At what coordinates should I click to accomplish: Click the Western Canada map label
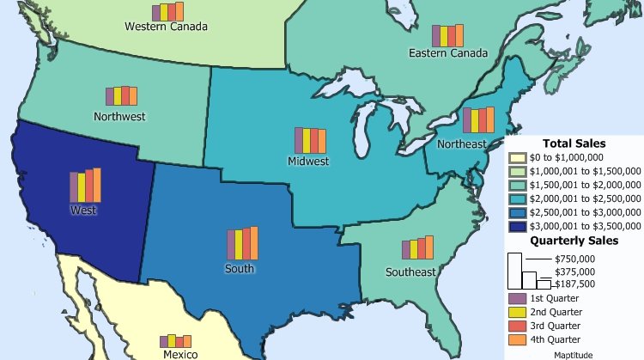(x=166, y=27)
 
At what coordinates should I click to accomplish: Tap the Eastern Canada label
(x=447, y=54)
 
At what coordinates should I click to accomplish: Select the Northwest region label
(x=119, y=116)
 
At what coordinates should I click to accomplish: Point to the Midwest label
(x=308, y=161)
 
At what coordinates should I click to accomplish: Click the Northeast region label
(x=461, y=143)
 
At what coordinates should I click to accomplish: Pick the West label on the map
(x=83, y=210)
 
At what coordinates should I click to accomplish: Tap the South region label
(x=240, y=269)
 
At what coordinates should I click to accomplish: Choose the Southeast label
(x=410, y=272)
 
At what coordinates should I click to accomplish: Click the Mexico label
(x=180, y=354)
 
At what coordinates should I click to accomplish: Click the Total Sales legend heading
(x=574, y=143)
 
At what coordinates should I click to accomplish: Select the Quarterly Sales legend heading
(x=574, y=241)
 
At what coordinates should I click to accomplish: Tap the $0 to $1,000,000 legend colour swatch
(x=516, y=158)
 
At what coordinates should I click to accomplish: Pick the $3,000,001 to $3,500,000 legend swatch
(x=516, y=227)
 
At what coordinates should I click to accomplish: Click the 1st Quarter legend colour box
(x=515, y=298)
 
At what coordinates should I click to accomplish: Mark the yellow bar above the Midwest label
(x=307, y=141)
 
